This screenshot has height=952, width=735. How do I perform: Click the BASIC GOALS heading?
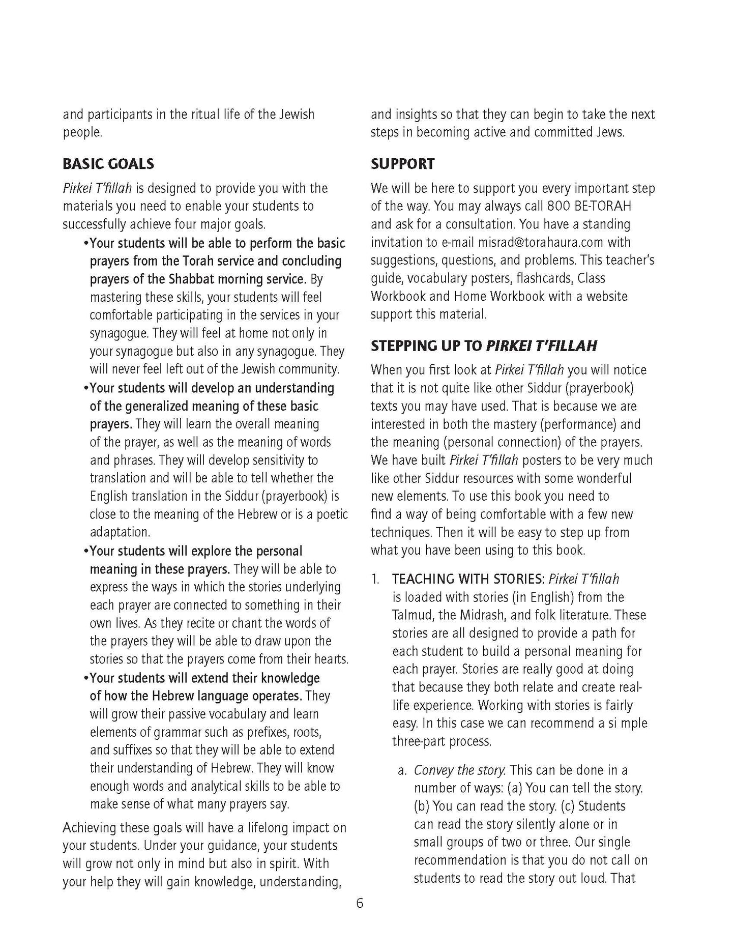pos(108,164)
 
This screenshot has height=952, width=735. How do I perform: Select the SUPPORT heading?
pos(402,164)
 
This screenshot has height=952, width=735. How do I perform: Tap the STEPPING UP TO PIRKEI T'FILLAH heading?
pos(483,346)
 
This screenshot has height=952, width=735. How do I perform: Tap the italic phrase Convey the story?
pos(459,770)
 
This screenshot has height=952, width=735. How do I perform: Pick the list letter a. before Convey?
pos(402,770)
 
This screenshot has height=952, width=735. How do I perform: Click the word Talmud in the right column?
pos(413,615)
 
